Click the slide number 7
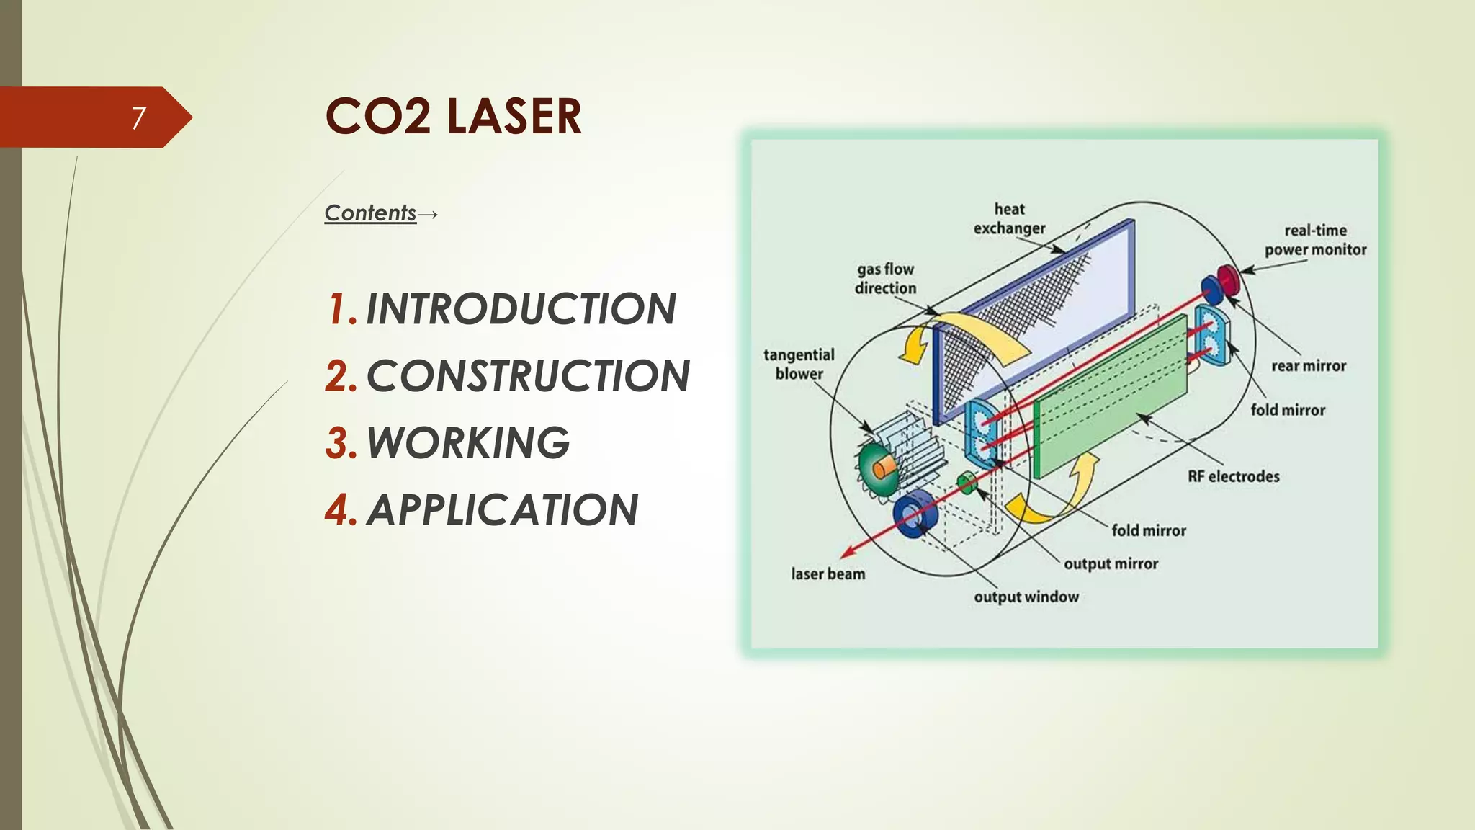[x=138, y=117]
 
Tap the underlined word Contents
[x=370, y=213]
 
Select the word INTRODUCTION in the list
[x=521, y=309]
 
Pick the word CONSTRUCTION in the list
[x=528, y=376]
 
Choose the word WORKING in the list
[x=468, y=442]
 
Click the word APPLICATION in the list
[x=502, y=510]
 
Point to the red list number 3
[x=341, y=443]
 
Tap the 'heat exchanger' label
[x=1009, y=218]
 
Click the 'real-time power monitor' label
[x=1315, y=240]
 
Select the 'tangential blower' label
[x=799, y=364]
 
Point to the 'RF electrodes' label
[x=1233, y=476]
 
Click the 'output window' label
[x=1026, y=597]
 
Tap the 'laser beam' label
[x=828, y=574]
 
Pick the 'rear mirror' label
[x=1308, y=366]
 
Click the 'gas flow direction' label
[x=885, y=278]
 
